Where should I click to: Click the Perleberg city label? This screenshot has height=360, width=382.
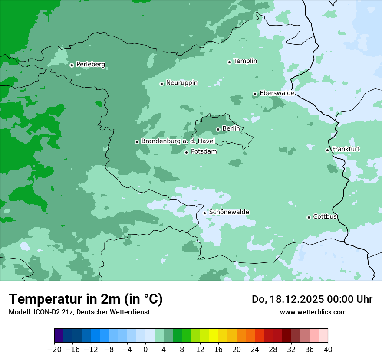click(90, 65)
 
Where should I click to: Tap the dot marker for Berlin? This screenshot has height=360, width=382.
click(218, 129)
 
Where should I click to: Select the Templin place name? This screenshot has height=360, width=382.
click(245, 61)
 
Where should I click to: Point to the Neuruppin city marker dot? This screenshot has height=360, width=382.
click(161, 84)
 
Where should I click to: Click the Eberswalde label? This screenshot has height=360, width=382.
click(277, 93)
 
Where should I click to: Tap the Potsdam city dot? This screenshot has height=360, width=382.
click(186, 152)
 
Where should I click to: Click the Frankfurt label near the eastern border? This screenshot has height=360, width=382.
click(346, 149)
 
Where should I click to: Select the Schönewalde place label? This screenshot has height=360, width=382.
click(229, 212)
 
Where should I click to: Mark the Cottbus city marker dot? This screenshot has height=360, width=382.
click(309, 217)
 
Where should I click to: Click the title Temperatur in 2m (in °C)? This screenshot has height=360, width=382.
click(86, 299)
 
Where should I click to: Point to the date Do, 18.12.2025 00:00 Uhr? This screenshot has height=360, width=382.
click(312, 299)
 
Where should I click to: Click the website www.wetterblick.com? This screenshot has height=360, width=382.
click(313, 312)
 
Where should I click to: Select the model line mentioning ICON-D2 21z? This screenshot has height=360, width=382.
click(79, 312)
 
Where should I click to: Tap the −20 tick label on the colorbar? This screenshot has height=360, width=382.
click(54, 350)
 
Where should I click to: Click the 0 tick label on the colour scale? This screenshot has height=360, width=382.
click(145, 350)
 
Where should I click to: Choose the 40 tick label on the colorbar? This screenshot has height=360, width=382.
click(328, 350)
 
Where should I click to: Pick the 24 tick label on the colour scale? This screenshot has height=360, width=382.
click(255, 350)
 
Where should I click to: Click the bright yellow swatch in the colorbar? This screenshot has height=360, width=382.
click(214, 336)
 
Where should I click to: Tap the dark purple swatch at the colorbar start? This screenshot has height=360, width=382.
click(59, 336)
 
